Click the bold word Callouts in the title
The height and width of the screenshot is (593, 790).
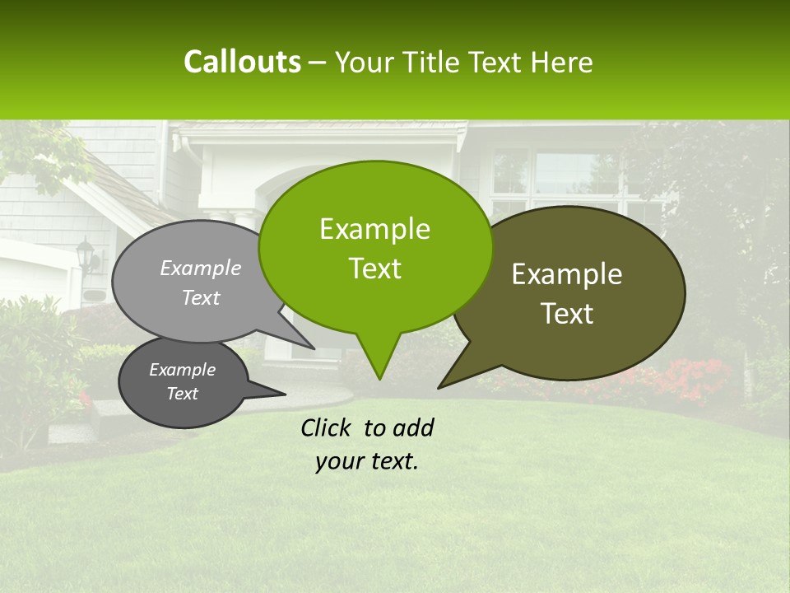coord(242,62)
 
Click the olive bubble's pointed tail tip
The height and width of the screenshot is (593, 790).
coord(439,387)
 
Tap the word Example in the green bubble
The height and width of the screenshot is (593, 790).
coord(374,229)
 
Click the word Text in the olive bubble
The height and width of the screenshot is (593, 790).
coord(567,314)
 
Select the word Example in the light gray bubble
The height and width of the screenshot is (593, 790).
coord(201,268)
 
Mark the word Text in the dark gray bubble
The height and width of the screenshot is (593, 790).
coord(183,394)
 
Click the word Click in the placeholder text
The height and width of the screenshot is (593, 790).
coord(328,427)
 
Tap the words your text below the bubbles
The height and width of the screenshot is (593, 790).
coord(367,461)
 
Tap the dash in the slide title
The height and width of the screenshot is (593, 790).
coord(318,62)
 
